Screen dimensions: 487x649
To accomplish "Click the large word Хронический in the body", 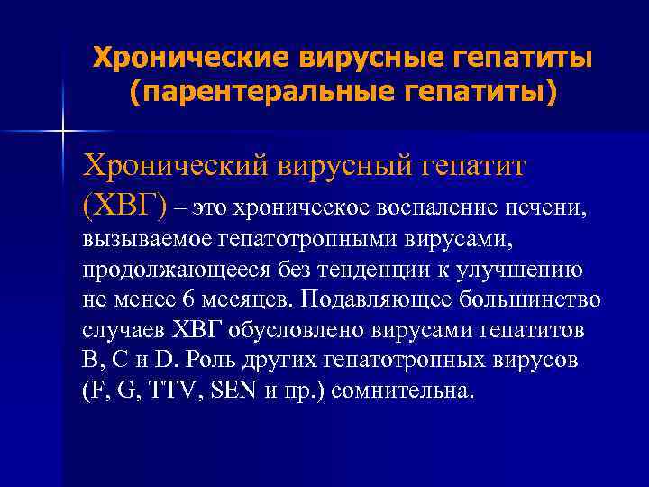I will [x=176, y=165].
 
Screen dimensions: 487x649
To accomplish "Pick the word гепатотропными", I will [x=302, y=240].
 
